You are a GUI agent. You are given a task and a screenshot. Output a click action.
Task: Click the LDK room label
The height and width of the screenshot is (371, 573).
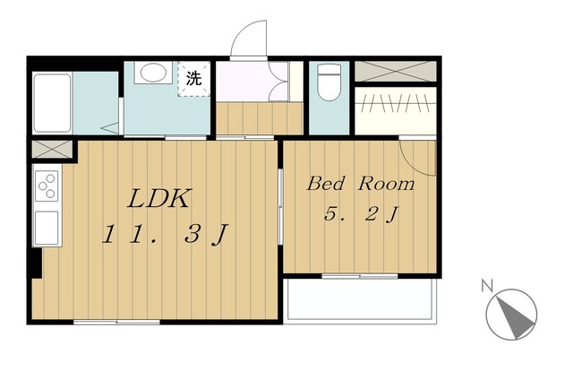click(x=159, y=199)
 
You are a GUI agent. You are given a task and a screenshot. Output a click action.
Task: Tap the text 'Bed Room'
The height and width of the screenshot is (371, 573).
click(x=361, y=184)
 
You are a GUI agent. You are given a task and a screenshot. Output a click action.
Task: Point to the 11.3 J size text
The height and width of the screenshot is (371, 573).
click(x=165, y=234)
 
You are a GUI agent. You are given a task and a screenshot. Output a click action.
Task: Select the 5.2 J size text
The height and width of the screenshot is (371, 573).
click(x=361, y=214)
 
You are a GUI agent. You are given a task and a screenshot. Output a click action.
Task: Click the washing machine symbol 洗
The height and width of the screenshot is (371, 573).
click(x=193, y=78)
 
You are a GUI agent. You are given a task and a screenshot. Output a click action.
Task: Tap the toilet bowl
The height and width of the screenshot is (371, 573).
click(x=329, y=82)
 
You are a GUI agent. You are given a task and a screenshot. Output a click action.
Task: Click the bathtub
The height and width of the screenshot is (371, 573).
click(x=52, y=103)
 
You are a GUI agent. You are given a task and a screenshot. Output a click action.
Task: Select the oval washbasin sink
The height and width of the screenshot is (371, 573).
click(x=153, y=73)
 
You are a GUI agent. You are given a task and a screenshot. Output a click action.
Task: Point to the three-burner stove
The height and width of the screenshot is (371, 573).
click(x=47, y=186)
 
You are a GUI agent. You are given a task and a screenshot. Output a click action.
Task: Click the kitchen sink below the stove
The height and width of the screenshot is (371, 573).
click(x=47, y=228)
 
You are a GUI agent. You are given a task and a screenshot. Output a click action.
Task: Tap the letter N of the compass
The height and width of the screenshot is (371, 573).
click(x=486, y=285)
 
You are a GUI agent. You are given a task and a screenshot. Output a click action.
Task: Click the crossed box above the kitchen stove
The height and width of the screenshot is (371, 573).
click(x=52, y=150)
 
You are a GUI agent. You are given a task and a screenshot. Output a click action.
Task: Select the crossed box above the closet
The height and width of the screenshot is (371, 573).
click(x=396, y=72)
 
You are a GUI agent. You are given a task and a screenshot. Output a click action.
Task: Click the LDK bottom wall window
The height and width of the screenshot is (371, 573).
click(x=117, y=323)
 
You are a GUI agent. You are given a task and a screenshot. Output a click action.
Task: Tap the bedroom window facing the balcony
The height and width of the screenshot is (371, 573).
click(x=360, y=276)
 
